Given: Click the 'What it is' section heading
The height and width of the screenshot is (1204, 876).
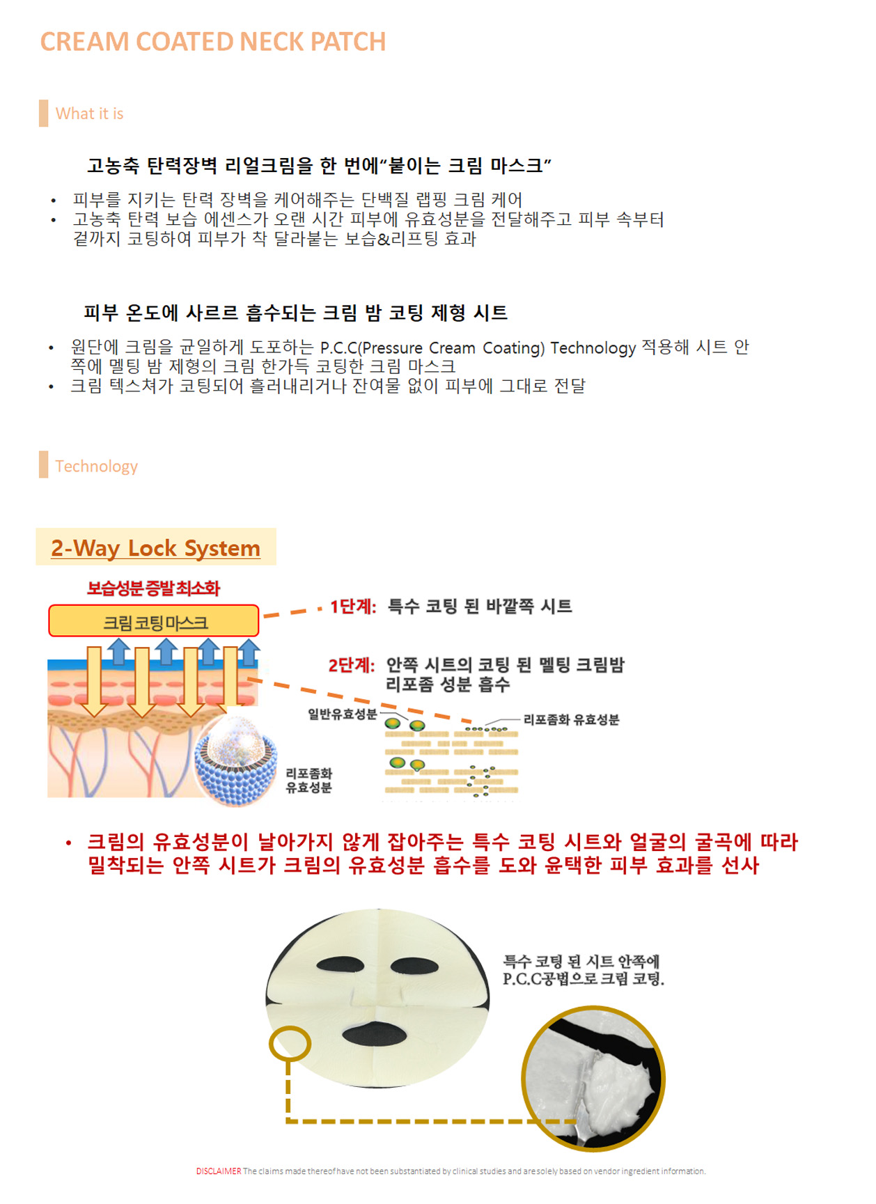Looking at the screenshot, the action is coord(89,114).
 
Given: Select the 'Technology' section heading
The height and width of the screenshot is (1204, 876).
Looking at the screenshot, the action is coord(97,467).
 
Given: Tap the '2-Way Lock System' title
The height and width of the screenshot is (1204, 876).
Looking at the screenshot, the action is coord(155,548).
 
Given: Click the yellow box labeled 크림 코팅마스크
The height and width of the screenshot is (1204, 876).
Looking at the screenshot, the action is coord(154,621).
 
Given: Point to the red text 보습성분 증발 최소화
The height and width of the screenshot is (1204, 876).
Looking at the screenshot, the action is coord(153,588).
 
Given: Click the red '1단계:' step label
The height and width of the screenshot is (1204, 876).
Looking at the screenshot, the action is coord(353,607).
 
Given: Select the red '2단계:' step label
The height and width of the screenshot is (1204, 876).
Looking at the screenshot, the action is coord(352,666).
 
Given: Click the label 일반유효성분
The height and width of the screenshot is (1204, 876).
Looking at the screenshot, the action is coord(343,714).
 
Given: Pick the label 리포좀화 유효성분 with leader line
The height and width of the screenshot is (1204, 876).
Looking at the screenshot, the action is coord(571,719).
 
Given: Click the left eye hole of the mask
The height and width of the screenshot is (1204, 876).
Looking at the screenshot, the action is coord(341,965).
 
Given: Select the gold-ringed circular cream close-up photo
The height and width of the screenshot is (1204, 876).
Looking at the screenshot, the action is coord(593,1079).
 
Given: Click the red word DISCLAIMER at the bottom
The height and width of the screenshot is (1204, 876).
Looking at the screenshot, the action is coord(219,1171).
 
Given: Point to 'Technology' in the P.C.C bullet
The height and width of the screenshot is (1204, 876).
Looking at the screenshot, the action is coord(593,347).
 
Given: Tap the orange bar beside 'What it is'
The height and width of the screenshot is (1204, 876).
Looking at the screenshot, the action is coord(44,114).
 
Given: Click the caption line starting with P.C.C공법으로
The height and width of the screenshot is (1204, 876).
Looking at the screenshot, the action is coord(584,979).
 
